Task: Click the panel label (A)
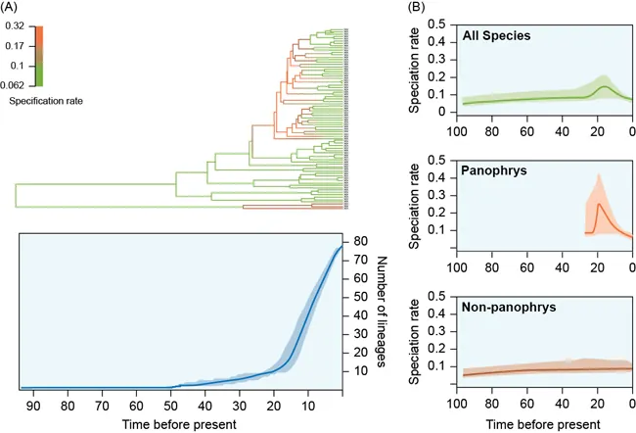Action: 19,9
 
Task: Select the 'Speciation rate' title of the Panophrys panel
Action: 416,203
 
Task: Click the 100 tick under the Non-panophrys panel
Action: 453,403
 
